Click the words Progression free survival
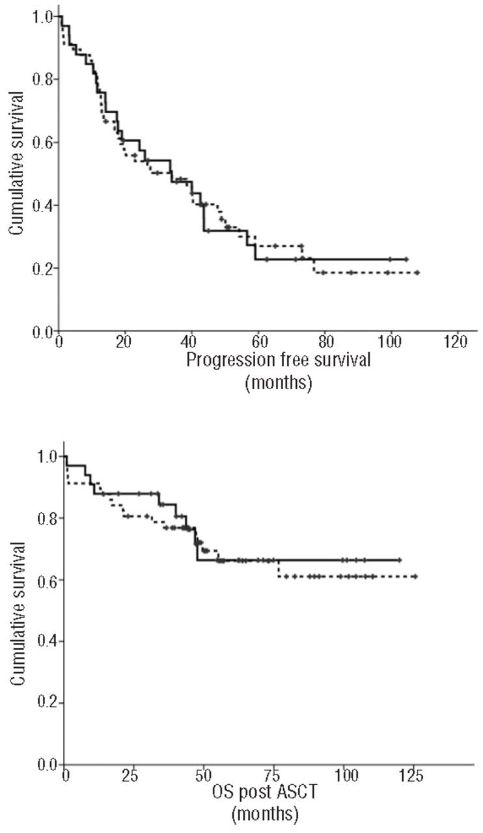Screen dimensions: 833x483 click(279, 361)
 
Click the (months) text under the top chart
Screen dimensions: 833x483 click(279, 383)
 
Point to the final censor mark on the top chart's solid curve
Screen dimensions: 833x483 click(406, 259)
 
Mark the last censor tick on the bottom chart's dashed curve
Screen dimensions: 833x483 click(415, 577)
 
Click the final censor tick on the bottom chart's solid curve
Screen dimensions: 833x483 click(400, 560)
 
